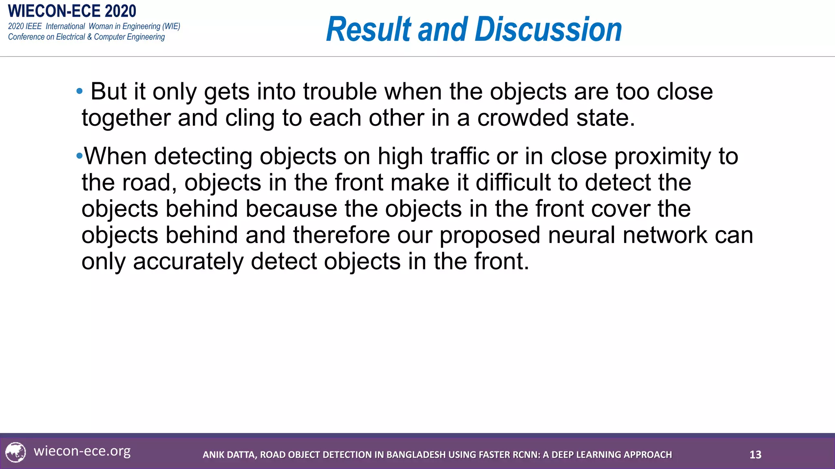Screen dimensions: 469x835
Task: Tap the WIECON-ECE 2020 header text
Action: coord(72,11)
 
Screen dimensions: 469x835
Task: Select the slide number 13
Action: coord(755,455)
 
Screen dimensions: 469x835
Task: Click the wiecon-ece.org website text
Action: coord(82,451)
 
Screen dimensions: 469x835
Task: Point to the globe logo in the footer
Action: coord(15,452)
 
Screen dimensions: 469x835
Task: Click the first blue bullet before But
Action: coord(80,91)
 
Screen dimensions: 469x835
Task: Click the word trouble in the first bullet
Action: coord(340,92)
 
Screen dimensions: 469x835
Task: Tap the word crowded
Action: coord(523,118)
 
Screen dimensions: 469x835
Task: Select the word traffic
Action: coord(460,156)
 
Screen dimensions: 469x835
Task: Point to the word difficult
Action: coord(513,182)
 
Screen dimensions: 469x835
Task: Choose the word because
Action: coord(291,209)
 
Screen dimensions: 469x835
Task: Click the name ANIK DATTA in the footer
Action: coord(229,455)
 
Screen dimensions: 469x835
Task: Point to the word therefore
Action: coord(341,235)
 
